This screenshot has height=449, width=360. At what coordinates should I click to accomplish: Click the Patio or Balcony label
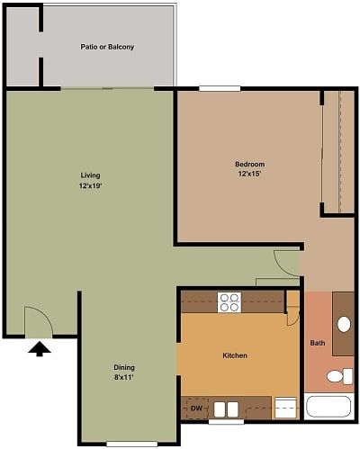107,47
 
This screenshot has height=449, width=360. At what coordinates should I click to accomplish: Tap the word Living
90,175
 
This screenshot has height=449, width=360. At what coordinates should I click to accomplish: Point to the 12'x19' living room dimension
90,186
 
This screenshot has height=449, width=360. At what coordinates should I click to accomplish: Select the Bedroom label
249,164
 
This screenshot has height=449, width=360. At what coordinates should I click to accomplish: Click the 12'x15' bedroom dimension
249,175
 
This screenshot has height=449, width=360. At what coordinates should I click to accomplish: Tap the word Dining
124,366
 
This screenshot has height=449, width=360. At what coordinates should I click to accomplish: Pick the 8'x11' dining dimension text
124,378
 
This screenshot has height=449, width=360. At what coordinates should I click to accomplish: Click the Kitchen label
235,355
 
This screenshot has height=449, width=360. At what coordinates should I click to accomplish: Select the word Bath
318,343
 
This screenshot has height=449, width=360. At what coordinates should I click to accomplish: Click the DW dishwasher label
195,409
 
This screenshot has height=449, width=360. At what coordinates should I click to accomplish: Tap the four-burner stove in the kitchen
229,302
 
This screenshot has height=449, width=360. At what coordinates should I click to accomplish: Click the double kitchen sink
226,409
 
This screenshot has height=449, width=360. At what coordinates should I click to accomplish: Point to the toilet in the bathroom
339,375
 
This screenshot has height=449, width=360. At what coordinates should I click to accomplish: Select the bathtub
329,406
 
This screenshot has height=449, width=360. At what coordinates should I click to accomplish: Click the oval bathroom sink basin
343,324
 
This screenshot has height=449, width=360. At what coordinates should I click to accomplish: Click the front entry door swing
36,319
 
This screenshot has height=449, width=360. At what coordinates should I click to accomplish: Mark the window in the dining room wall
125,444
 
